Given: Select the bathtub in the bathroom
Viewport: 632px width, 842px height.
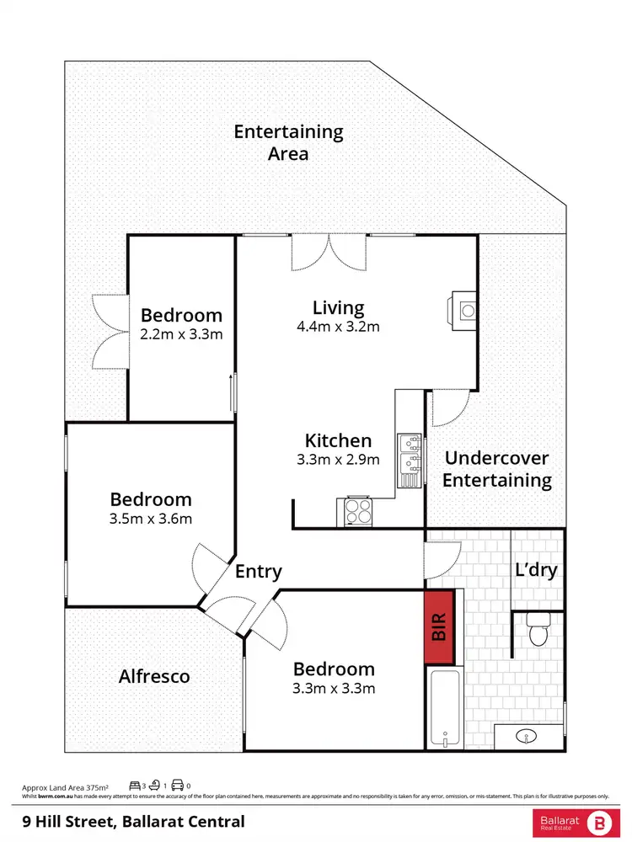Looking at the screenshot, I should (x=444, y=707).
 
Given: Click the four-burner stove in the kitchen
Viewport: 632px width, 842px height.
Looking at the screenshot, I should (x=357, y=512).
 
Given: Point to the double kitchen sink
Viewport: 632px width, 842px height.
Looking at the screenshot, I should (x=410, y=460).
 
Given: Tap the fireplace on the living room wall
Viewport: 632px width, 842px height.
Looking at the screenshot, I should (x=464, y=307).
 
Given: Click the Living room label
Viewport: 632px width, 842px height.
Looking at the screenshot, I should (x=338, y=307).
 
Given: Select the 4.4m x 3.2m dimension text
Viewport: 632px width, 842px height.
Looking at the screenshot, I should (x=338, y=327).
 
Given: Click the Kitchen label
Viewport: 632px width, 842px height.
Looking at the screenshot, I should (x=338, y=440).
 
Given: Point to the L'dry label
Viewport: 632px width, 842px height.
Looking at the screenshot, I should (x=536, y=570).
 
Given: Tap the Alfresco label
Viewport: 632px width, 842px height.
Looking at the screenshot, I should (x=154, y=676).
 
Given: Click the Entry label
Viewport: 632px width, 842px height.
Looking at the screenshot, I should (x=258, y=572).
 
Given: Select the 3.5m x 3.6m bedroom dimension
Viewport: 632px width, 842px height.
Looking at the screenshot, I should (x=151, y=519).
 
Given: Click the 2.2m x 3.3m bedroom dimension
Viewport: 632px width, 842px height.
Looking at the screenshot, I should (x=181, y=334).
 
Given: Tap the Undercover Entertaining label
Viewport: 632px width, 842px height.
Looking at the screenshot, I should (x=496, y=470).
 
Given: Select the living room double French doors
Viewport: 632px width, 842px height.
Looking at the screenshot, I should (x=329, y=253).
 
